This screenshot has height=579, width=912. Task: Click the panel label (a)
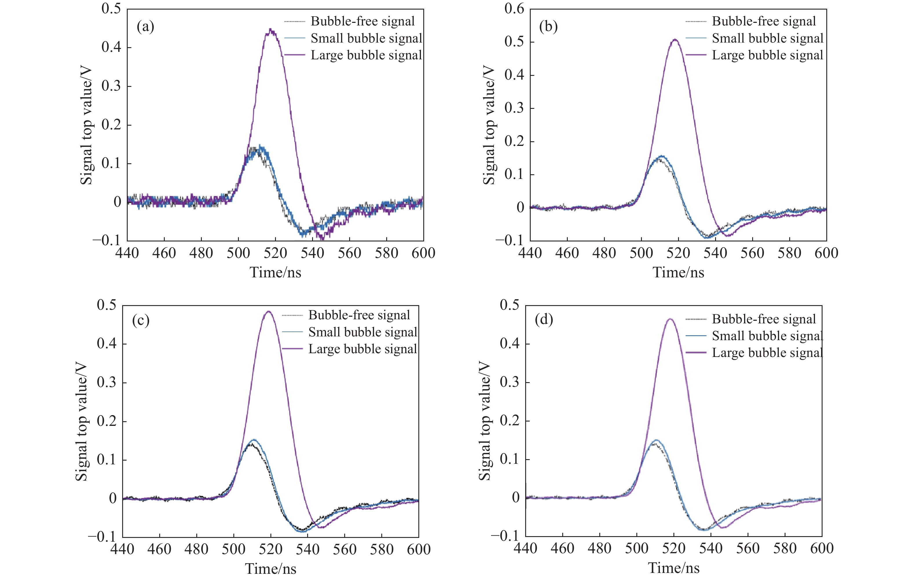click(145, 27)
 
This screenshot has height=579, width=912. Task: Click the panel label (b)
click(548, 27)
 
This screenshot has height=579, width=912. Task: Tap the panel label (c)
click(140, 320)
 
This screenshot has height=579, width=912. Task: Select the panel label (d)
click(543, 320)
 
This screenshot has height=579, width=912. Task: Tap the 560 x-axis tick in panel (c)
click(344, 549)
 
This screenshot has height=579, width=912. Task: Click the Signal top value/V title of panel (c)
click(81, 422)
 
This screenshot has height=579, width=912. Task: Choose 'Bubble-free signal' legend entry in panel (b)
click(763, 21)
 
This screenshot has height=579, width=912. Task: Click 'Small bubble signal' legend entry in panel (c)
click(362, 332)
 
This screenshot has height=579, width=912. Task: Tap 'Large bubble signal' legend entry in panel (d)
click(767, 353)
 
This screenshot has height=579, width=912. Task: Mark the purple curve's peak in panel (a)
click(270, 29)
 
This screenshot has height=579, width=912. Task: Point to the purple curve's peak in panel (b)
click(675, 39)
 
